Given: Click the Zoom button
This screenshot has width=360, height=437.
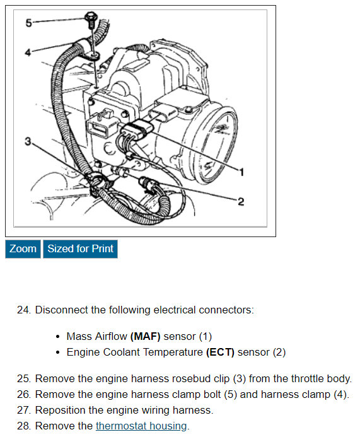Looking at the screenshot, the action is [23, 249].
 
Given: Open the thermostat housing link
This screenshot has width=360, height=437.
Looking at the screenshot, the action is [141, 426].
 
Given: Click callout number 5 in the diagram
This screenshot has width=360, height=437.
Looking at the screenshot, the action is [29, 23].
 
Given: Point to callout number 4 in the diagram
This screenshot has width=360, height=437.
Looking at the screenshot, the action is [28, 52].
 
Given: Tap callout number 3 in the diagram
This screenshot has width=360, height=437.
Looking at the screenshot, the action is [28, 141].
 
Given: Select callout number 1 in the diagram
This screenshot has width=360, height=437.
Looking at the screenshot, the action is [241, 172].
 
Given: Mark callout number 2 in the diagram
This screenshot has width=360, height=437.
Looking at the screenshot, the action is [241, 202].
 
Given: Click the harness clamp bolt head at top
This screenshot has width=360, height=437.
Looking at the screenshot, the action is [91, 17].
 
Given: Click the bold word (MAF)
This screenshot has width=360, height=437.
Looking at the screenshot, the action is [145, 336].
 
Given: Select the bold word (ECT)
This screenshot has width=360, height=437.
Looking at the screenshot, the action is [220, 353].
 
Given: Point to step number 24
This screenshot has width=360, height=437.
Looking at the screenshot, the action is [24, 310].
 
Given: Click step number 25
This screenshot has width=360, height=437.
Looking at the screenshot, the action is [24, 378].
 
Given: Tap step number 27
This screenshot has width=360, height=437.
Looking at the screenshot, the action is [24, 411].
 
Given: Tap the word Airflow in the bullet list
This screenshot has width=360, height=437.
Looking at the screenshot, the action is [111, 336].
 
